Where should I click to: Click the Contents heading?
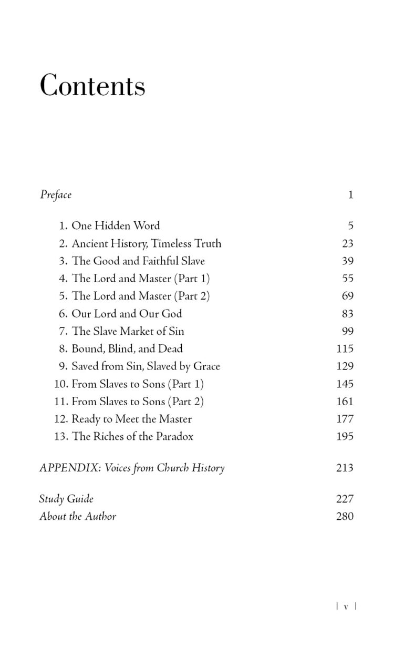point(92,85)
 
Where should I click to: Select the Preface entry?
point(56,195)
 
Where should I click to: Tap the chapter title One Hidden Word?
point(116,226)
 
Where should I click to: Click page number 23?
point(347,243)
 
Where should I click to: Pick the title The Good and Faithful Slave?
point(138,261)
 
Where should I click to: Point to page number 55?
point(347,279)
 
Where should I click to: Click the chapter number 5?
point(63,296)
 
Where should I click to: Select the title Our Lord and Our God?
point(127,314)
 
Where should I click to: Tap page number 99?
point(347,331)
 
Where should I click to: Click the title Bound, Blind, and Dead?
point(127,348)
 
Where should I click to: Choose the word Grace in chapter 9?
point(205,366)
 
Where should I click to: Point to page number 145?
point(345,384)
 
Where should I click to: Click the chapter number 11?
point(61,402)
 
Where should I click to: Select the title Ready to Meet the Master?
point(131,419)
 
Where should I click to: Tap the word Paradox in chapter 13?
point(174,436)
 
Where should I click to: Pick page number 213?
point(345,468)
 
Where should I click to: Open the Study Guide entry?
point(66,499)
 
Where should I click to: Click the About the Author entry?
point(78,516)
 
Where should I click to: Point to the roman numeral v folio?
point(346,606)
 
